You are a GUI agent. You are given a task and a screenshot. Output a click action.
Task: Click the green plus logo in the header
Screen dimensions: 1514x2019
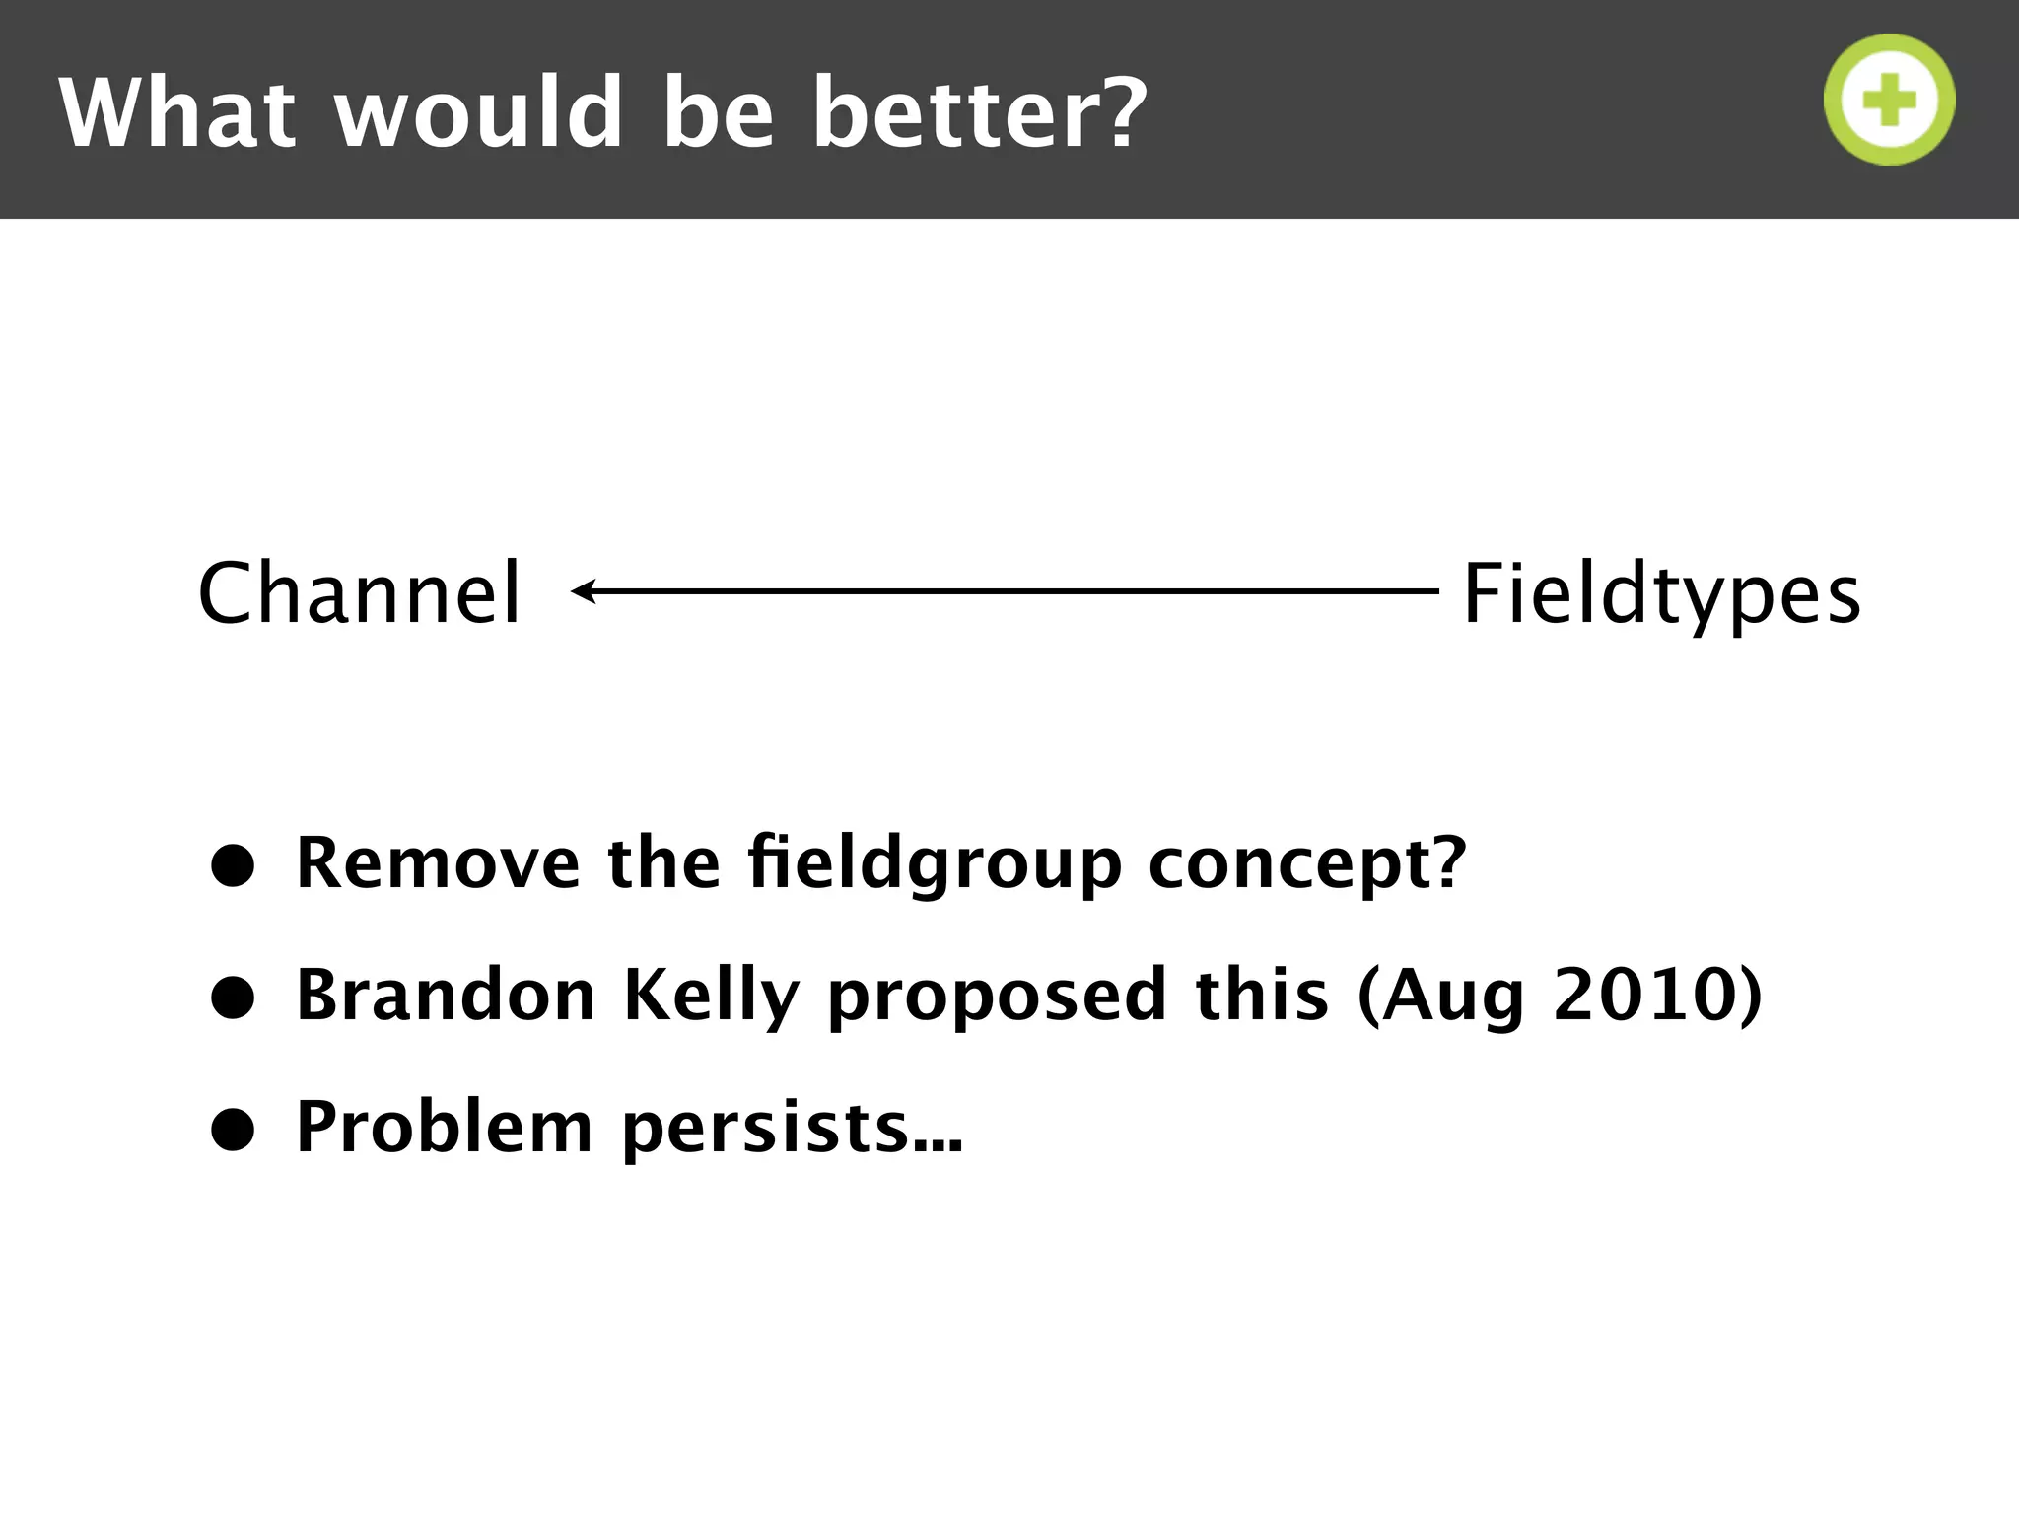point(1889,100)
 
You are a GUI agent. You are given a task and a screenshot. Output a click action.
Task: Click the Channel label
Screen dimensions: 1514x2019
point(359,592)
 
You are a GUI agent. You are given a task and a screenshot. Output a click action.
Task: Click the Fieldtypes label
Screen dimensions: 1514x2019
point(1661,592)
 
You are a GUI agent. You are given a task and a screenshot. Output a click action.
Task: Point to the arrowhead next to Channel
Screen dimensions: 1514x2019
point(583,591)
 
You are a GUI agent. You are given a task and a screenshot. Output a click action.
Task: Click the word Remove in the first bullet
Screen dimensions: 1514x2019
point(438,863)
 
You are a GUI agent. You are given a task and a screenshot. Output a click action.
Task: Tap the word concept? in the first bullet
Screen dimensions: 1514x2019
point(1307,863)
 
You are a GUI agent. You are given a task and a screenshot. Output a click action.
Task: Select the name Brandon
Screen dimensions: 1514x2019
point(446,995)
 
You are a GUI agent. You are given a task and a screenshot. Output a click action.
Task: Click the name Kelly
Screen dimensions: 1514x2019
point(712,995)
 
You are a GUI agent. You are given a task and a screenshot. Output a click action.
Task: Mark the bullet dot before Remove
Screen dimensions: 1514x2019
point(234,865)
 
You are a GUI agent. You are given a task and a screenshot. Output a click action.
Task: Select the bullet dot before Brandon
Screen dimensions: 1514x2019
point(234,998)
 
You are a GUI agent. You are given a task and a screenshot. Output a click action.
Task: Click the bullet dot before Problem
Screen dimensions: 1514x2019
point(234,1129)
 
